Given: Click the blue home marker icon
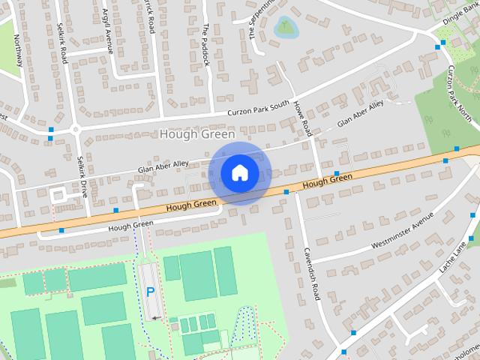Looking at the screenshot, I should click(240, 173).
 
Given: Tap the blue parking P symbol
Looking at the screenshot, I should click(150, 292).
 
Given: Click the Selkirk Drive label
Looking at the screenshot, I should click(82, 177).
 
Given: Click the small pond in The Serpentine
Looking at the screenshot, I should click(284, 29).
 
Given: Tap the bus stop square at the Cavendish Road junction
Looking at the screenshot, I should click(286, 192).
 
